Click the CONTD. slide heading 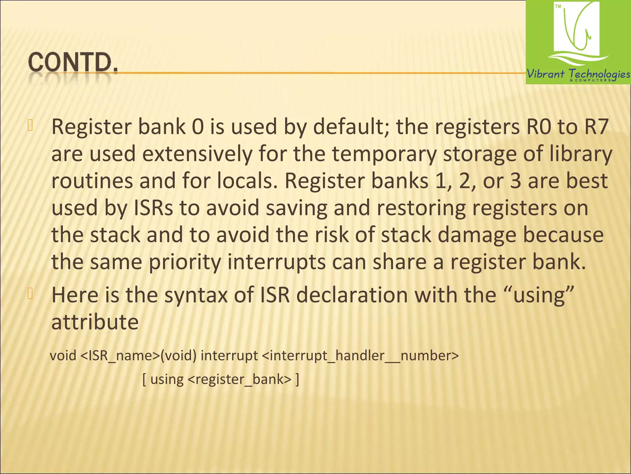tap(73, 63)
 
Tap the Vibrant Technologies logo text tap(578, 74)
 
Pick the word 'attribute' tap(95, 322)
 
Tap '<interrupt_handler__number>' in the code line tap(360, 356)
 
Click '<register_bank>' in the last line tap(239, 379)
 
